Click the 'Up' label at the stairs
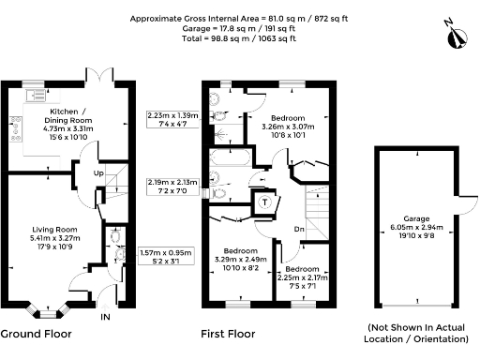98,174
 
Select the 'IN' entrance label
105,317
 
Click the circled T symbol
264,201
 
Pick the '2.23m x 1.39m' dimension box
169,119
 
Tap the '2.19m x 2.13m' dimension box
169,186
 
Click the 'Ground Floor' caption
35,334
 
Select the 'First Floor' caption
230,334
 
